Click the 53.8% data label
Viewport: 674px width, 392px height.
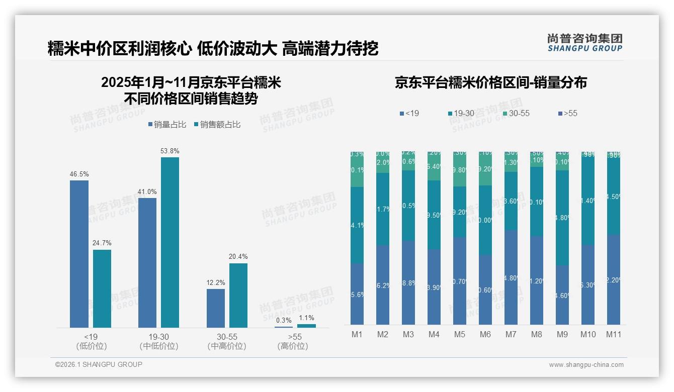click(x=170, y=151)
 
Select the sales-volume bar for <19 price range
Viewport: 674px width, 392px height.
click(x=79, y=254)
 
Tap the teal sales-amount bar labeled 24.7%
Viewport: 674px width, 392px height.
click(x=102, y=288)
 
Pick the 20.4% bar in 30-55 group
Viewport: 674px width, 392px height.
click(x=238, y=296)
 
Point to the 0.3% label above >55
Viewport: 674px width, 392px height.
click(x=284, y=320)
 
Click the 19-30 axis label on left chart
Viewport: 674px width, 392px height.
click(x=158, y=337)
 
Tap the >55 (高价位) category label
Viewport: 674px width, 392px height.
click(x=293, y=341)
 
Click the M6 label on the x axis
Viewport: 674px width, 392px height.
click(x=485, y=334)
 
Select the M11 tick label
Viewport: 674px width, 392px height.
click(x=614, y=334)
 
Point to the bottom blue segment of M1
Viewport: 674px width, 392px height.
click(x=357, y=294)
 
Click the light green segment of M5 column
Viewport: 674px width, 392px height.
click(x=460, y=170)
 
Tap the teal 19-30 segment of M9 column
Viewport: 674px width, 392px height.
click(x=562, y=218)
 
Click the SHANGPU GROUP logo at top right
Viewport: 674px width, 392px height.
click(x=584, y=42)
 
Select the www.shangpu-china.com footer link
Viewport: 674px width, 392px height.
click(x=586, y=365)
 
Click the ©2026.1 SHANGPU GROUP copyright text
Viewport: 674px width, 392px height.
click(x=99, y=364)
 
